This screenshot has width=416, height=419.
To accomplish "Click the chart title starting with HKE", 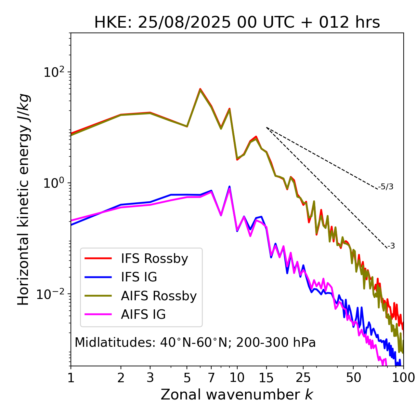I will tap(237, 23).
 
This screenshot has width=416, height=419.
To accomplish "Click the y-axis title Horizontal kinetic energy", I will tap(23, 199).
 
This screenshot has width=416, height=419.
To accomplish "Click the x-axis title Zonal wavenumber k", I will tap(237, 395).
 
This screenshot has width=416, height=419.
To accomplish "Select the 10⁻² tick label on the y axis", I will tap(52, 294).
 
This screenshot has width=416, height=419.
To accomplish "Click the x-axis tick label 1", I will tap(71, 378).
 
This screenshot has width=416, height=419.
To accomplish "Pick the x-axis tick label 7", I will tap(211, 378).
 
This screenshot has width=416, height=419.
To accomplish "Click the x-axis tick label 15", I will tap(266, 378).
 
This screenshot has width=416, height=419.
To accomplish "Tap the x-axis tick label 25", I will tap(303, 378).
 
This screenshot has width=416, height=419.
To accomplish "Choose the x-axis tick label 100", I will tap(403, 378).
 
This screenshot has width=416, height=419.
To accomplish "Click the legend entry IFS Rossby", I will tap(154, 259).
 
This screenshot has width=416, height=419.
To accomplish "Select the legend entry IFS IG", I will tap(139, 277).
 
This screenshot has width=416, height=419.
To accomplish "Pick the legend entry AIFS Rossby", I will tap(159, 296).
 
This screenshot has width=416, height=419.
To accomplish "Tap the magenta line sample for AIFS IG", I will tap(98, 314).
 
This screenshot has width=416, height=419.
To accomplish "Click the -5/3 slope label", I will tap(386, 187).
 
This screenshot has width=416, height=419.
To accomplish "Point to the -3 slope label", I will tap(391, 246).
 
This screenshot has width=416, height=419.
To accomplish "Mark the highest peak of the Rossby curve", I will tap(200, 89).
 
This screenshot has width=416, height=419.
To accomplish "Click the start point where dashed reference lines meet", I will tap(266, 128).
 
